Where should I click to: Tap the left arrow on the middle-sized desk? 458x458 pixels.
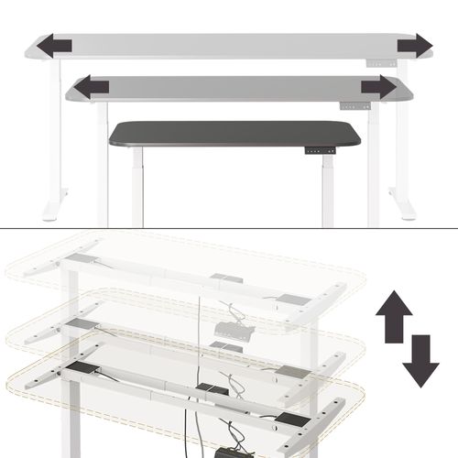click(x=91, y=87)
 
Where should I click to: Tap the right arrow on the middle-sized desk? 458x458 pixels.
click(x=377, y=87)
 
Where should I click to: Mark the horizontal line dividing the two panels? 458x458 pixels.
click(x=229, y=228)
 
